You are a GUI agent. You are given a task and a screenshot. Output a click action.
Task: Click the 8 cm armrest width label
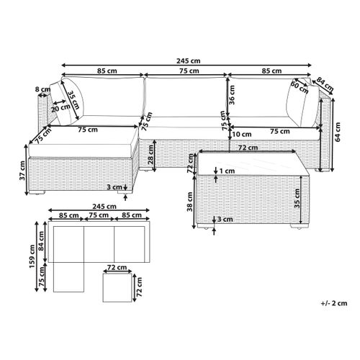tap(43, 89)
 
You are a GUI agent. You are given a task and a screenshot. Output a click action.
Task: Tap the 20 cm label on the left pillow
tap(60, 108)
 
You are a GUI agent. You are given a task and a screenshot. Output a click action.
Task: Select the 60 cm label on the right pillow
tap(300, 87)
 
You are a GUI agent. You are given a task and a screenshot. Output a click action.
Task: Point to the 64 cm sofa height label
tap(338, 132)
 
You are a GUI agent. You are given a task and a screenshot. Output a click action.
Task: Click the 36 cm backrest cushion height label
tap(232, 95)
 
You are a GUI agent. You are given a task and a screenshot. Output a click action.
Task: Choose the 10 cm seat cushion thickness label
tap(242, 134)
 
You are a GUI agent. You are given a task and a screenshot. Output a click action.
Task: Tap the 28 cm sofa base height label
tap(150, 155)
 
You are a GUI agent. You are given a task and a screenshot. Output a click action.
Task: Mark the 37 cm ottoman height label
tap(22, 171)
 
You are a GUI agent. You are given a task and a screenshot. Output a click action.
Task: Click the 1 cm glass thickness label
tap(227, 171)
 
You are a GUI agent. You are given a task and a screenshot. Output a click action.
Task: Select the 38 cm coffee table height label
tap(190, 202)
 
